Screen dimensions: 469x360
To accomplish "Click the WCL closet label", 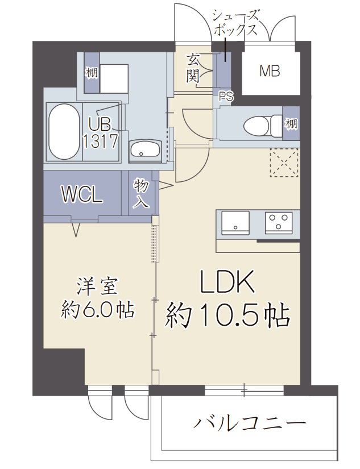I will pyautogui.click(x=82, y=195).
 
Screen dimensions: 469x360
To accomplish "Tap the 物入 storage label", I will pyautogui.click(x=141, y=193).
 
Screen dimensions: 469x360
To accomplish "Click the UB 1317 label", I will pyautogui.click(x=101, y=132).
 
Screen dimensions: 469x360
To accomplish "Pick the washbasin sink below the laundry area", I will pyautogui.click(x=145, y=150).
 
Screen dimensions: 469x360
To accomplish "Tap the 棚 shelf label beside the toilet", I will pyautogui.click(x=291, y=123).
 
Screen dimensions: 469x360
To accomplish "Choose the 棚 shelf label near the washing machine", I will pyautogui.click(x=91, y=73).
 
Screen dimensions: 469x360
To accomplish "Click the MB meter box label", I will pyautogui.click(x=270, y=71).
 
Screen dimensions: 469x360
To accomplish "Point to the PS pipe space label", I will pyautogui.click(x=226, y=97).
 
